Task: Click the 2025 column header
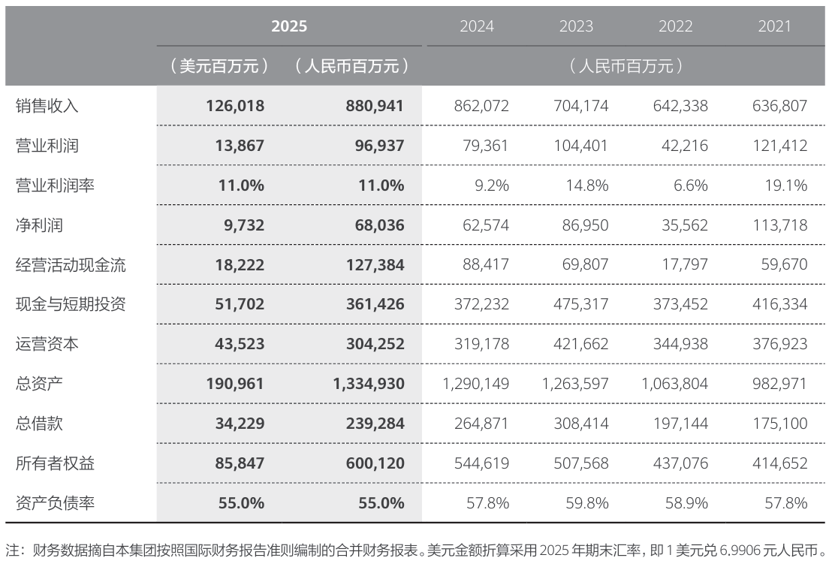(x=289, y=26)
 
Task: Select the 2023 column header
(x=576, y=26)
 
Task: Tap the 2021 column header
(x=774, y=26)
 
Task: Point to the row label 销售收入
(x=47, y=106)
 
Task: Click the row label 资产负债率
(x=56, y=502)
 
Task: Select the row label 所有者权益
(x=56, y=463)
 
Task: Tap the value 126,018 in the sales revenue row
(x=234, y=106)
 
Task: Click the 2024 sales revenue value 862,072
(x=481, y=106)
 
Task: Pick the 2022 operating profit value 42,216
(x=683, y=146)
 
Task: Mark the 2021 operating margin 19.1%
(x=785, y=185)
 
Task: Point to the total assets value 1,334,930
(x=368, y=384)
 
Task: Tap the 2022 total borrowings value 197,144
(x=683, y=424)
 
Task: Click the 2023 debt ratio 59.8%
(x=586, y=502)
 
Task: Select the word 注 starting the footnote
(x=11, y=550)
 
